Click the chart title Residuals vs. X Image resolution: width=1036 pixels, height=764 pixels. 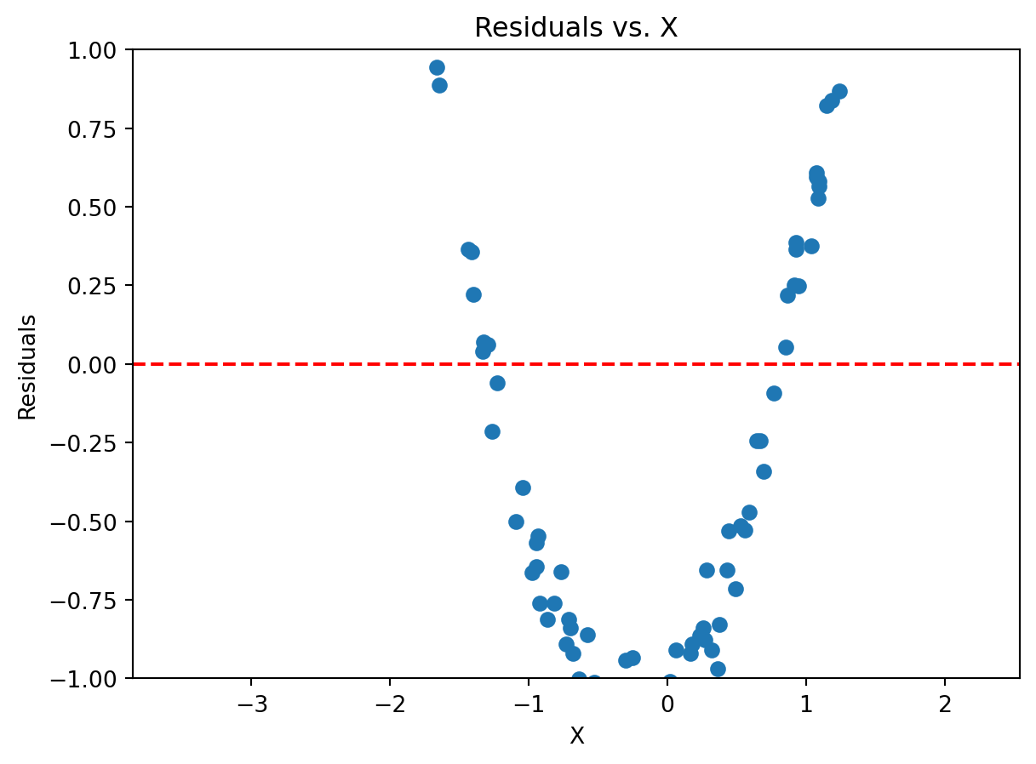pos(575,28)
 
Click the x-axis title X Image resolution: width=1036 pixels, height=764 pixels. pos(576,736)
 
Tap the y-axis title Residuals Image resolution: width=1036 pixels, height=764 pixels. pos(28,367)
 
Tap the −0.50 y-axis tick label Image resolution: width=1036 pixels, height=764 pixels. pos(93,522)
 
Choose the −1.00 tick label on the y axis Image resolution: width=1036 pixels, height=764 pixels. pos(93,678)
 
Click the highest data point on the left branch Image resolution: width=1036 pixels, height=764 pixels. pos(437,67)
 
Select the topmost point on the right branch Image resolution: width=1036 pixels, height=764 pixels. pos(839,91)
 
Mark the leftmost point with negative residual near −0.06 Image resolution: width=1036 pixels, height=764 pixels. pos(497,383)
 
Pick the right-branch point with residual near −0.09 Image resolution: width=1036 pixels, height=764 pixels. pos(774,393)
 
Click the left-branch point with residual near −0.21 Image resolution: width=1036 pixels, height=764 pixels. pos(492,431)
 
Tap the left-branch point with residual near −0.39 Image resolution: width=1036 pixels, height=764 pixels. pos(523,487)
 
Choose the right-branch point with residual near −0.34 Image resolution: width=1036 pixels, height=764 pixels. pos(764,471)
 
